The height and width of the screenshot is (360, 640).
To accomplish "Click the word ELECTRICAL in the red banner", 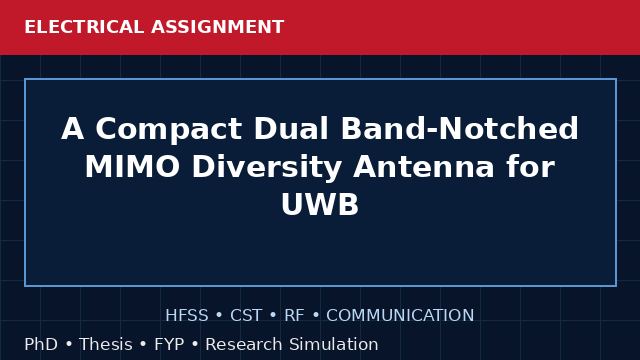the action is [x=84, y=27].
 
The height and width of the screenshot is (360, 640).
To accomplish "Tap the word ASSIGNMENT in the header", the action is [x=218, y=27].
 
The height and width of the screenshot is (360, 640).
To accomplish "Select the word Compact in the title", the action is [x=169, y=130].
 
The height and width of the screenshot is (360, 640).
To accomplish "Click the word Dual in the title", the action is [x=291, y=128].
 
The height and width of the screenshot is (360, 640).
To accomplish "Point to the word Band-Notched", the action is [x=460, y=128].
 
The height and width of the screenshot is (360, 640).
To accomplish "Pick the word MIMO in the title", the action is [x=132, y=167].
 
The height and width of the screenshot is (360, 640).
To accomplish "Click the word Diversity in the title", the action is [x=267, y=168].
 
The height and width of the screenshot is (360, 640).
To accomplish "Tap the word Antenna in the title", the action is [x=424, y=167].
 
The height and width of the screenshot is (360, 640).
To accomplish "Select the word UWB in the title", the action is [x=320, y=204].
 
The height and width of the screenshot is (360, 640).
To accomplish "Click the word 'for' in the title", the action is [x=531, y=167].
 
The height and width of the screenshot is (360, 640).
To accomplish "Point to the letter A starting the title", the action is [x=73, y=128].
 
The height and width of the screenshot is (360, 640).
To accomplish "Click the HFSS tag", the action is [x=187, y=316].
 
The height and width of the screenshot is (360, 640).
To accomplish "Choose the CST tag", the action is [x=246, y=316].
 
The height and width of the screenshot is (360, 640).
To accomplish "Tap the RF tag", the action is [x=294, y=316].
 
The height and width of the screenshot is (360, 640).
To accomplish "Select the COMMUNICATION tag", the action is [x=400, y=316].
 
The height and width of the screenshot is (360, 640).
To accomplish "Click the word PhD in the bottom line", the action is [x=41, y=344].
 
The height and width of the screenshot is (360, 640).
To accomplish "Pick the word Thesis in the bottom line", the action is [x=106, y=344].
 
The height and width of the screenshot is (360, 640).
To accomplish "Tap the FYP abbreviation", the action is [x=169, y=344].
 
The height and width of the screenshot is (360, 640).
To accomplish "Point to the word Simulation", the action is [x=334, y=344].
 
